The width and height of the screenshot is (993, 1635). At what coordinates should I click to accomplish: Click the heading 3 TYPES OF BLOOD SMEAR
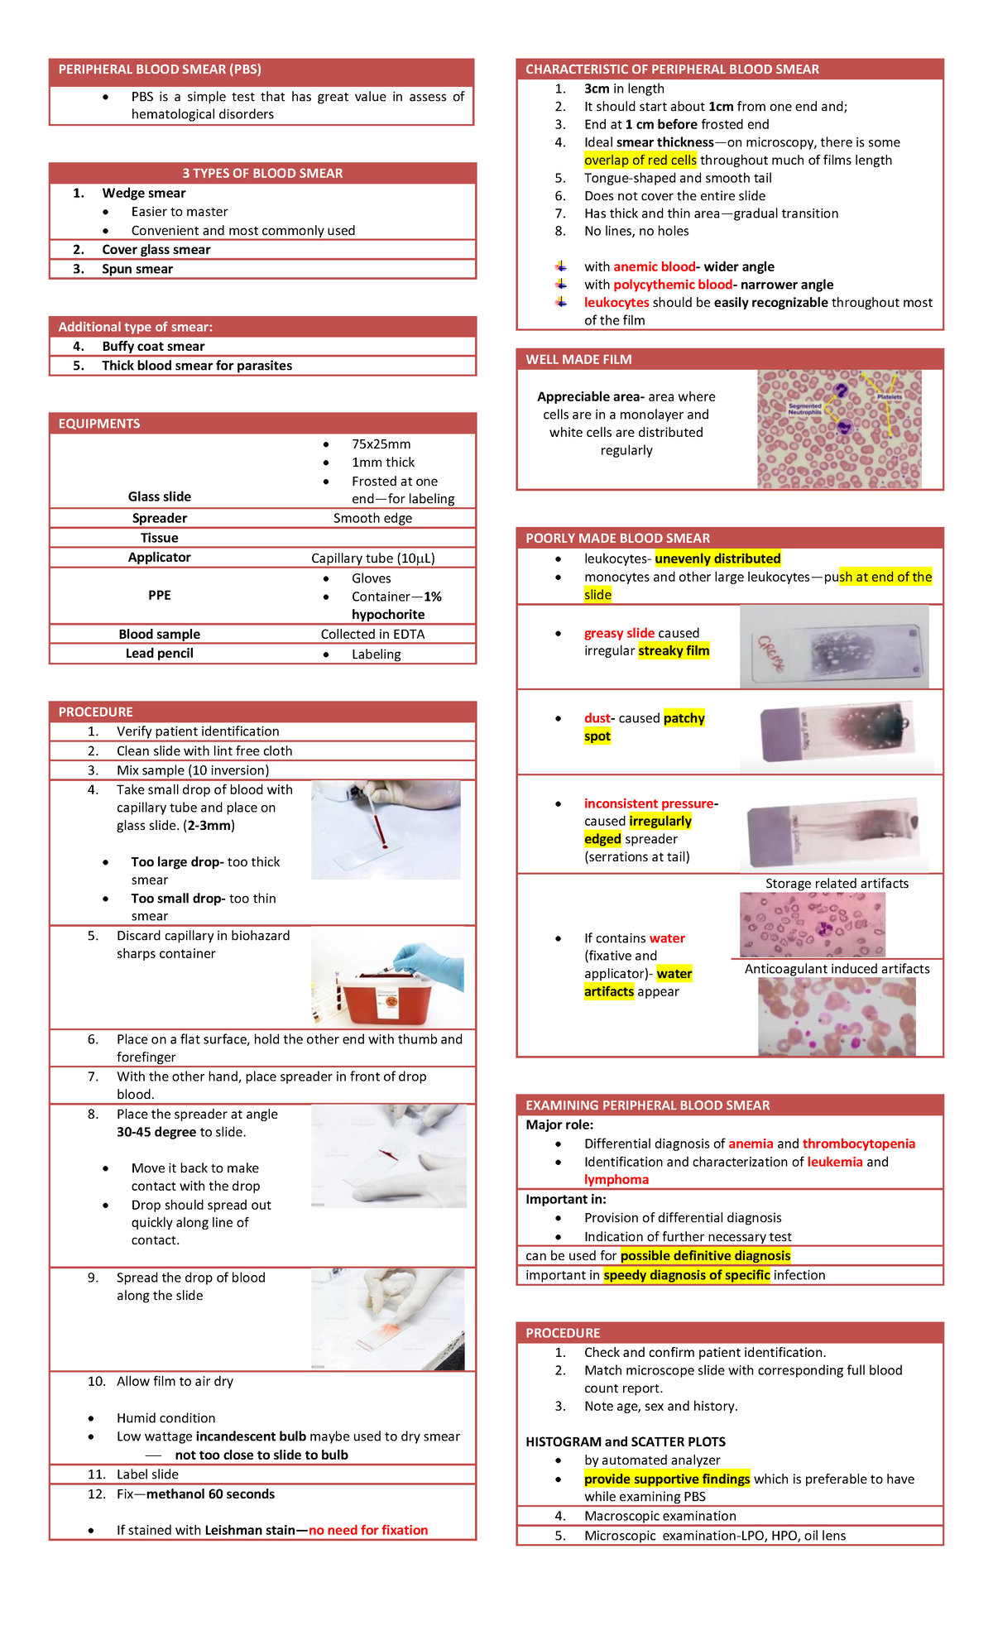click(x=262, y=173)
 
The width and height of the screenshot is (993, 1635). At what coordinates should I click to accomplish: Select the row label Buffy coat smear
click(x=153, y=347)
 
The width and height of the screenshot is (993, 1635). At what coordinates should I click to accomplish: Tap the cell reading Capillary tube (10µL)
click(x=372, y=559)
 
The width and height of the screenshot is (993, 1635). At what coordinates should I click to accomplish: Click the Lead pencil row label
click(x=159, y=654)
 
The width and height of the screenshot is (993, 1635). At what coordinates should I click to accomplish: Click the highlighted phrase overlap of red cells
click(x=640, y=161)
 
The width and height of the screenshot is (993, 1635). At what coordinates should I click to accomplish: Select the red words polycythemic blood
click(x=673, y=285)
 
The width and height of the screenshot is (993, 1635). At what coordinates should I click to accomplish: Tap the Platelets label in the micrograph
click(x=890, y=397)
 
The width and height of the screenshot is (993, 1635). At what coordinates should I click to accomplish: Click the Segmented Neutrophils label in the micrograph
click(x=804, y=409)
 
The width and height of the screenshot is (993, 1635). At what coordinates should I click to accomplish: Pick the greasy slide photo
click(x=834, y=647)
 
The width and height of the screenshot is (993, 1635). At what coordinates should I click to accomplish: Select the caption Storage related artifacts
click(x=837, y=884)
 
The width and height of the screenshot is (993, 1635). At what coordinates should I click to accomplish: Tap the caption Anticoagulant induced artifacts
click(x=837, y=969)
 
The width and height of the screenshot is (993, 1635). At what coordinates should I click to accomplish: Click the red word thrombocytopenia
click(x=858, y=1144)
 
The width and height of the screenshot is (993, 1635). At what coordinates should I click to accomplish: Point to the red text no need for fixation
click(x=368, y=1530)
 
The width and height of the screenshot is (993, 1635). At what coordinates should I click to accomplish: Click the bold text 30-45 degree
click(x=156, y=1132)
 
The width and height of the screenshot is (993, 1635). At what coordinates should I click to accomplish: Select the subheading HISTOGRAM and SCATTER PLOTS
click(x=625, y=1441)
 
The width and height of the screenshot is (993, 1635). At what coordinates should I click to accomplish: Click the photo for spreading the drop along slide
click(x=387, y=1319)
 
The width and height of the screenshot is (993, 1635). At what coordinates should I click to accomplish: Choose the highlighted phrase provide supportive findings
click(x=667, y=1479)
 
